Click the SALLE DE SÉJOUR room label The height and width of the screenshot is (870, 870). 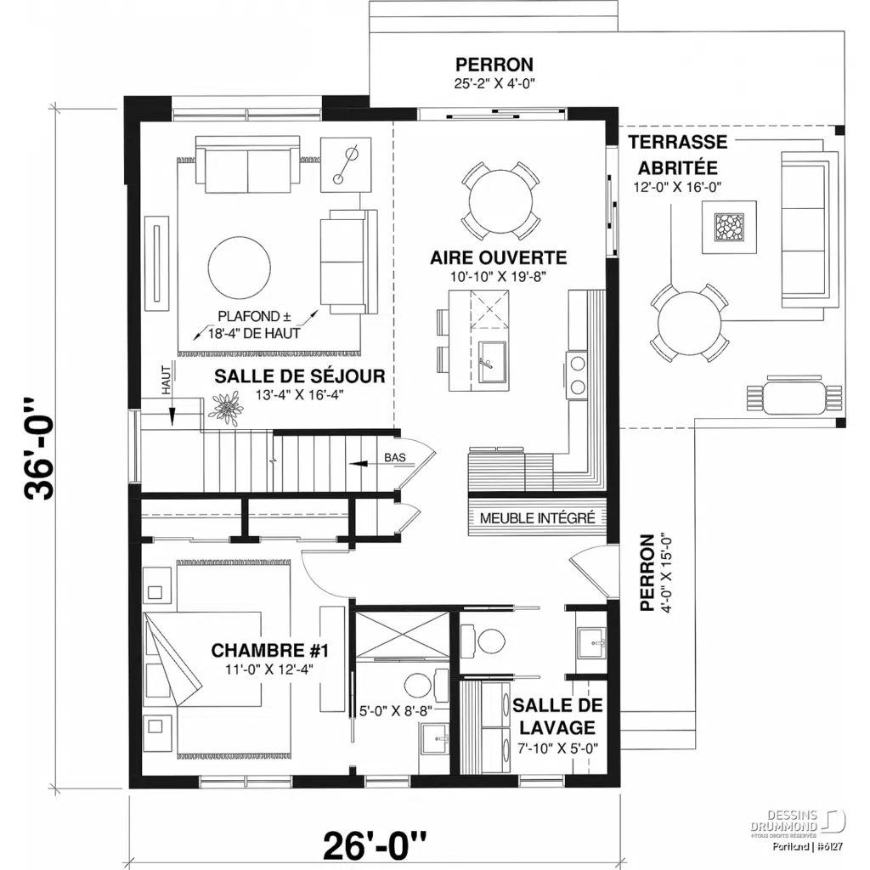[x=300, y=376]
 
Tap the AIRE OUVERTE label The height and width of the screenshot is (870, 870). [x=498, y=257]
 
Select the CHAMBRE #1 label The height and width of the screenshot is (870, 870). [x=269, y=651]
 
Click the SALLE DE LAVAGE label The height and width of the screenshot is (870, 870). [x=558, y=716]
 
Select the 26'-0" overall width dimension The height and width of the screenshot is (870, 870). [x=374, y=845]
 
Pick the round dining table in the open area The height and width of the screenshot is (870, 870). [x=501, y=201]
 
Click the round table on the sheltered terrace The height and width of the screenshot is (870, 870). [x=689, y=323]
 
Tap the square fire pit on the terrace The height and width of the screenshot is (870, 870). [x=728, y=229]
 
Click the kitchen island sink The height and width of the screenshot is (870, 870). [x=490, y=363]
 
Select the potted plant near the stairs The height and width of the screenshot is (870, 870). [x=226, y=409]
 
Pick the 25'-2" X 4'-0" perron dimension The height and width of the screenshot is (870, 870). [x=494, y=83]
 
